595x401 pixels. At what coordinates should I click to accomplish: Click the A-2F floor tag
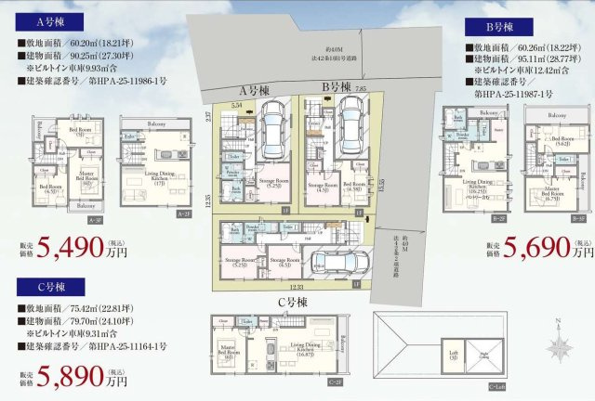tap(184, 213)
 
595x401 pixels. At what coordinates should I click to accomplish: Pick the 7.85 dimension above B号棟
tap(360, 89)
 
